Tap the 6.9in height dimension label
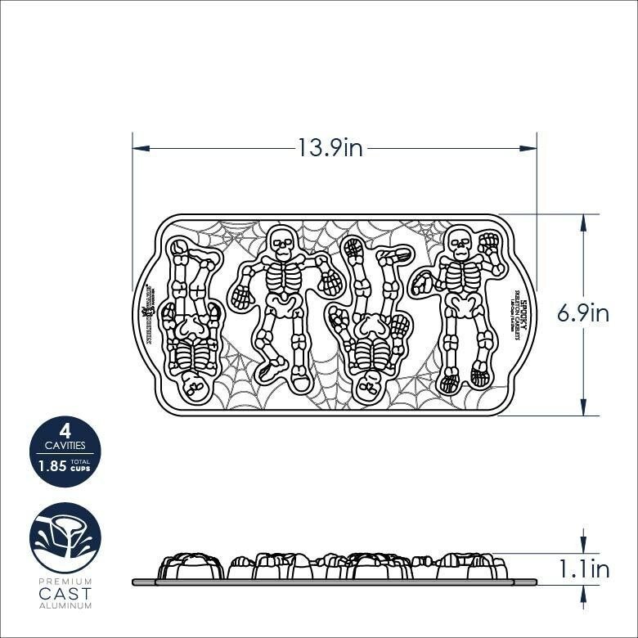[x=583, y=314]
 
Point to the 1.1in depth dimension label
[x=583, y=568]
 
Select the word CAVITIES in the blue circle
[x=65, y=446]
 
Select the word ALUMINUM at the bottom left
[x=65, y=606]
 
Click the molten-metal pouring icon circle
[x=65, y=537]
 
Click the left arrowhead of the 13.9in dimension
[x=139, y=148]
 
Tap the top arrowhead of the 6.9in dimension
[x=582, y=221]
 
